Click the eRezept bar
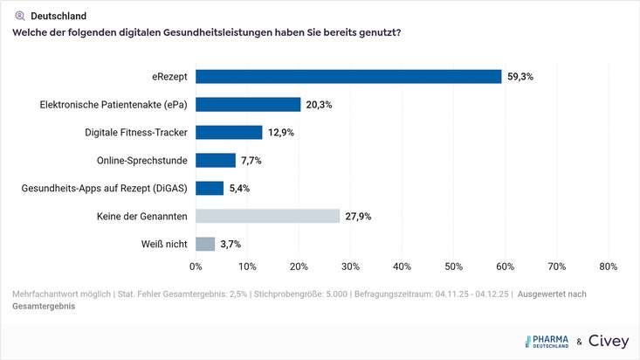[348, 77]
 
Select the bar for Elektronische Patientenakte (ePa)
[248, 105]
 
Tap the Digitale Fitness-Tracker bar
[229, 133]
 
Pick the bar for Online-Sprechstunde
[216, 161]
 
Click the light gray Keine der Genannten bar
[267, 216]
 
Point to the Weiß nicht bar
[205, 244]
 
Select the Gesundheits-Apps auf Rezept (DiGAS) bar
[210, 188]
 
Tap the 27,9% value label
[358, 216]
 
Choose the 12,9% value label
[280, 133]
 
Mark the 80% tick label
[608, 267]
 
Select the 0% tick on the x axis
[196, 267]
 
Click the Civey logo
[608, 342]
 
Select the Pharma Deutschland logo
[547, 342]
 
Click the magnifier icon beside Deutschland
[19, 16]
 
